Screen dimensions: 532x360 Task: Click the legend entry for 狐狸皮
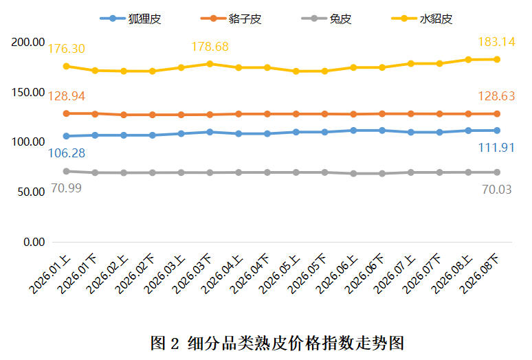(131, 19)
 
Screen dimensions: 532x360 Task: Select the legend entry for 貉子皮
(231, 19)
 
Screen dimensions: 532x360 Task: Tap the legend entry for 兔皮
(326, 19)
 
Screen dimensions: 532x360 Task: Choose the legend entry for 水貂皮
(422, 19)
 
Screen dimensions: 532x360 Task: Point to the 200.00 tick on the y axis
(27, 43)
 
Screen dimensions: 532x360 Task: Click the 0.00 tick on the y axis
(34, 242)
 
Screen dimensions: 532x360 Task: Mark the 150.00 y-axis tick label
(27, 92)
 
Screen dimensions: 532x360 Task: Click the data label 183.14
(496, 42)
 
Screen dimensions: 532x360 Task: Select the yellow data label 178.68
(210, 47)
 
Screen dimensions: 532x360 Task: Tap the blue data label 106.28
(67, 153)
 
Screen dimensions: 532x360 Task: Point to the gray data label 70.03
(497, 190)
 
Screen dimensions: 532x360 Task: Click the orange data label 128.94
(67, 96)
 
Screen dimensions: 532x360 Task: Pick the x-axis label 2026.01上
(50, 275)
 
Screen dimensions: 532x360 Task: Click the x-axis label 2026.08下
(480, 275)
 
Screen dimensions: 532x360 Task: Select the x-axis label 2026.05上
(280, 275)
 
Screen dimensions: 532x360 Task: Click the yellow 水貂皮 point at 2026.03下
(210, 64)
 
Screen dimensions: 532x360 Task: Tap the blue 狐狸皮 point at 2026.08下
(497, 131)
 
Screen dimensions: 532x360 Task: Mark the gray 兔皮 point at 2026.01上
(67, 172)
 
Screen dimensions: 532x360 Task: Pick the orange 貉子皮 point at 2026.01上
(67, 113)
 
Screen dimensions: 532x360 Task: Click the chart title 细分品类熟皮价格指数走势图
(296, 343)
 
